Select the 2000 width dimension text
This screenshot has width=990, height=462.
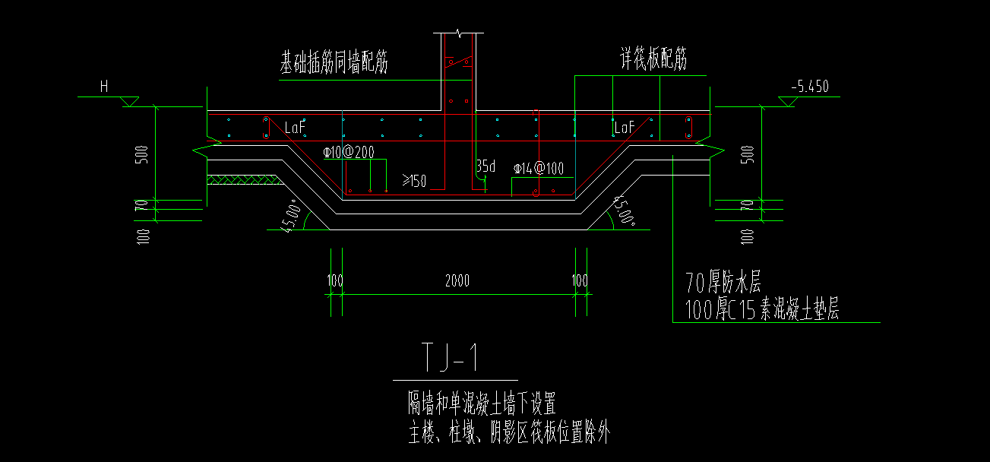(x=457, y=281)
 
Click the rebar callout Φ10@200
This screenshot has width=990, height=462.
(x=348, y=153)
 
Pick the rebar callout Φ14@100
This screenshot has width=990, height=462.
(x=539, y=169)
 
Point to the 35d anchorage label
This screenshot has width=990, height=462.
(x=486, y=165)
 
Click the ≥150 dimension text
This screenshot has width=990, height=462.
(x=413, y=181)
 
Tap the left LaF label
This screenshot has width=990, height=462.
(x=295, y=128)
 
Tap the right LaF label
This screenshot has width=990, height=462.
(x=624, y=128)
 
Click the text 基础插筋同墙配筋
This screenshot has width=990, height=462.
(x=334, y=64)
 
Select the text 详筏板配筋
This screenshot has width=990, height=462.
(x=653, y=60)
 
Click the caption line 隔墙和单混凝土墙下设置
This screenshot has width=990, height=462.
(x=482, y=403)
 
